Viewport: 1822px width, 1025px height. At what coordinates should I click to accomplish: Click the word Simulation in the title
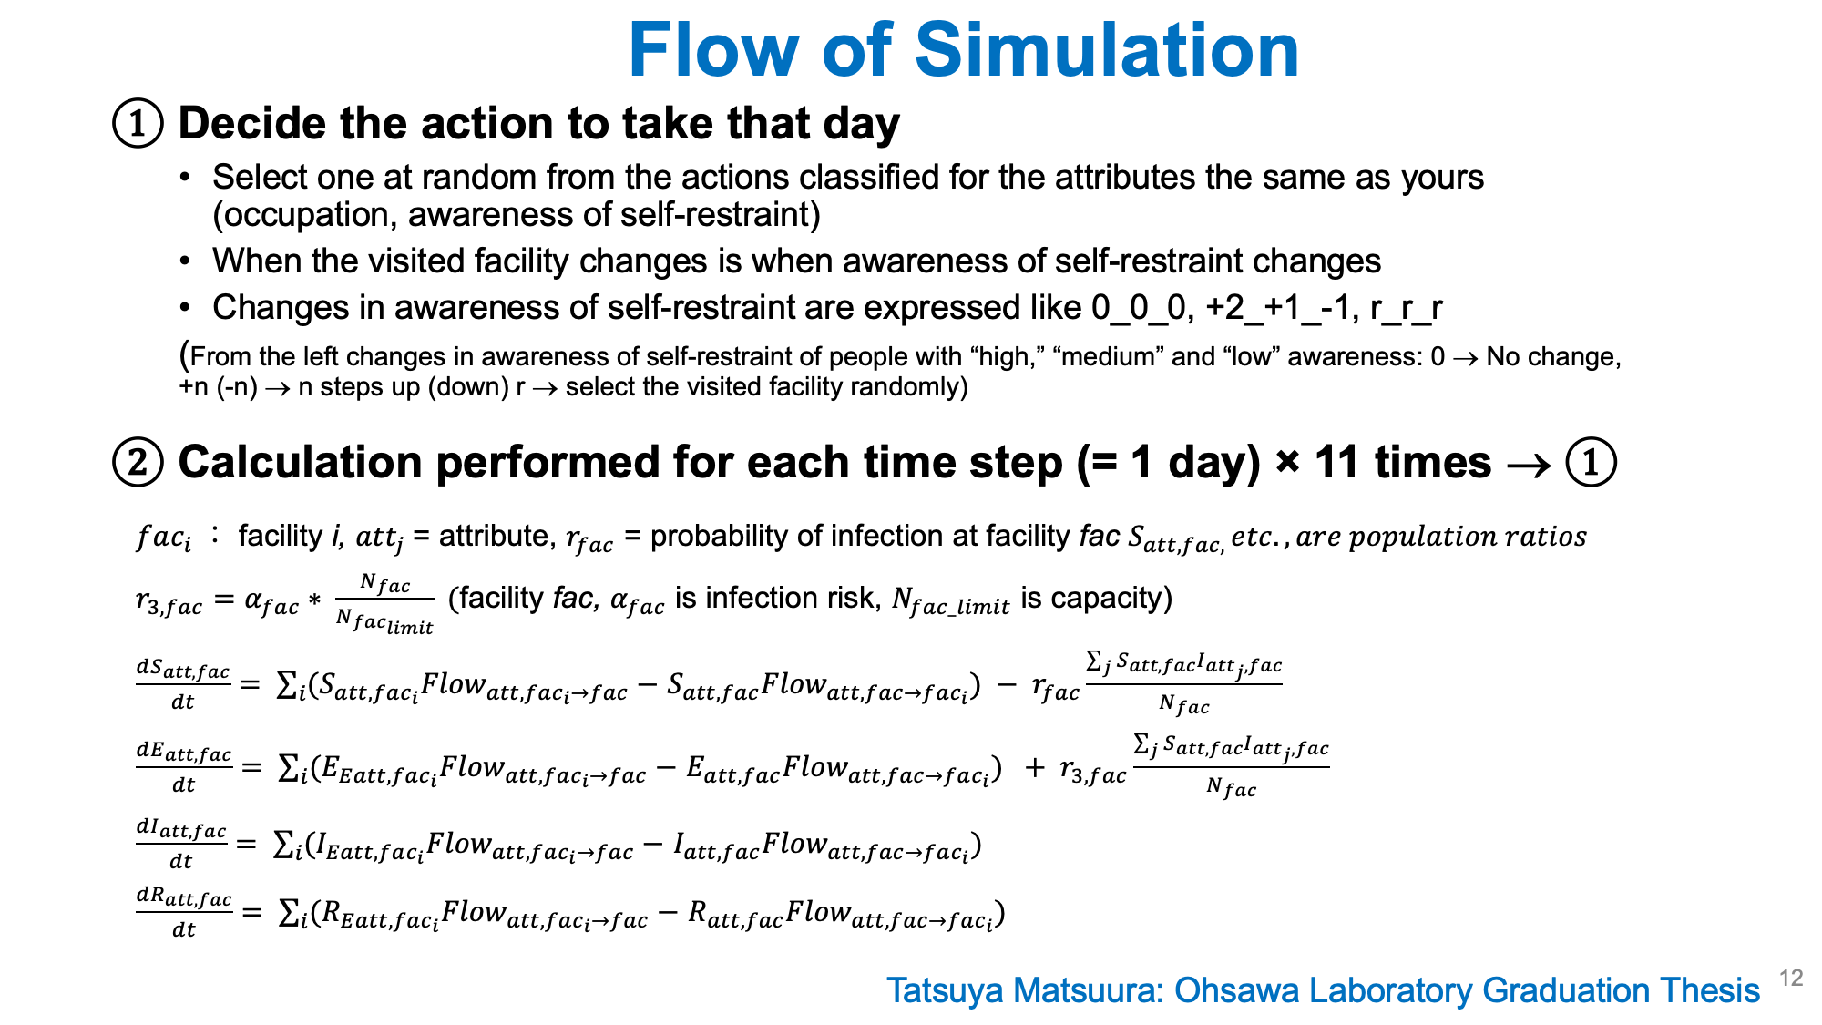click(1107, 50)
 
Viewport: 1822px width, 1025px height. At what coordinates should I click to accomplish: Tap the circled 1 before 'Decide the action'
click(138, 125)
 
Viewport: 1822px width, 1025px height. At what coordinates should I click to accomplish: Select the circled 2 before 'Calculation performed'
click(138, 463)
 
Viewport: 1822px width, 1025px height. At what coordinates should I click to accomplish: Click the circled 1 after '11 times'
click(1591, 463)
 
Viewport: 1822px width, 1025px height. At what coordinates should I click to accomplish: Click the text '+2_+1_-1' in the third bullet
click(1274, 308)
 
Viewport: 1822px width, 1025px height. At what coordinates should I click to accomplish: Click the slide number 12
click(1791, 978)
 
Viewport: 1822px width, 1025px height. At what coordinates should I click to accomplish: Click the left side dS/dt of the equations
click(183, 684)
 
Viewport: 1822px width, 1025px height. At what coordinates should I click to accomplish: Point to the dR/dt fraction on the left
click(184, 913)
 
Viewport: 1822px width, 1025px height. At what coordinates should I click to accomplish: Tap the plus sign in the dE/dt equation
click(1034, 768)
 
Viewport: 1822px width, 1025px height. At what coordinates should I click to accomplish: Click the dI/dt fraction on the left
click(181, 844)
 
